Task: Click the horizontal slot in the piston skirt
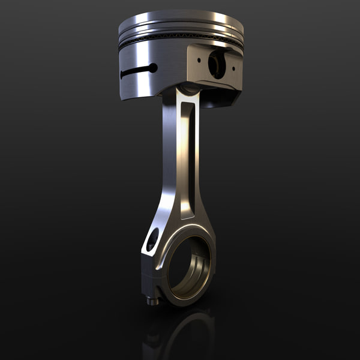pos(135,71)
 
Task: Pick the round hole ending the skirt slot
pos(153,68)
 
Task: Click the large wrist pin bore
pos(217,64)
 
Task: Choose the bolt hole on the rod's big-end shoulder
pos(152,239)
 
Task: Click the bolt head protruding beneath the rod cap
pos(154,300)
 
